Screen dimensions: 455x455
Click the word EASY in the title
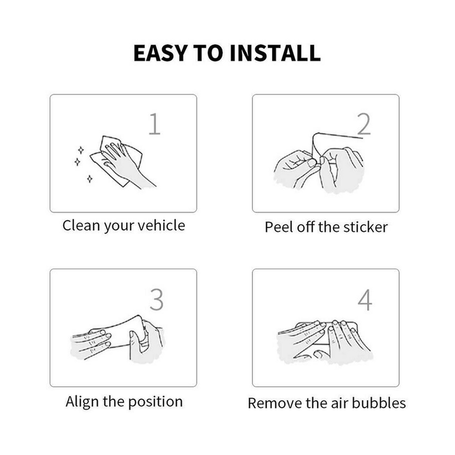click(160, 53)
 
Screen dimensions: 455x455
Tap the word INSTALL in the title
click(275, 53)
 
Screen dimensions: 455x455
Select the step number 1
click(155, 124)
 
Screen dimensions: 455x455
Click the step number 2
click(364, 124)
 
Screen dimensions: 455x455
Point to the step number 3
click(156, 300)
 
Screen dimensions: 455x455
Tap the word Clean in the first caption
click(81, 225)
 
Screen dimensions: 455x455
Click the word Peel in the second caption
click(279, 227)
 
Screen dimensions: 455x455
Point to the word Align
click(83, 402)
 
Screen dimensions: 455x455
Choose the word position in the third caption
click(156, 402)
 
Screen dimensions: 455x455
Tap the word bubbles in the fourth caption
click(379, 404)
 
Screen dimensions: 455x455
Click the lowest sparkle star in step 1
click(90, 179)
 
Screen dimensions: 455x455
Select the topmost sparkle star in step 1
click(81, 150)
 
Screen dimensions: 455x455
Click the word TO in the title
click(208, 53)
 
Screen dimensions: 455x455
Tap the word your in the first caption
click(118, 226)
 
